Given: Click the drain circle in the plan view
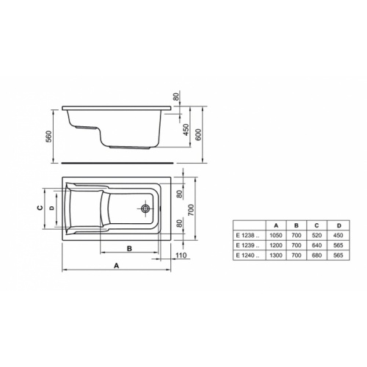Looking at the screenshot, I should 146,208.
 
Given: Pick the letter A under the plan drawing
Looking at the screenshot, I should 116,268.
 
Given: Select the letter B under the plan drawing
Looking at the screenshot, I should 129,249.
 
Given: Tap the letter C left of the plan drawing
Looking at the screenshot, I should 39,208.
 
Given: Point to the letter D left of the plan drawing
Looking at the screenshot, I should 50,208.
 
